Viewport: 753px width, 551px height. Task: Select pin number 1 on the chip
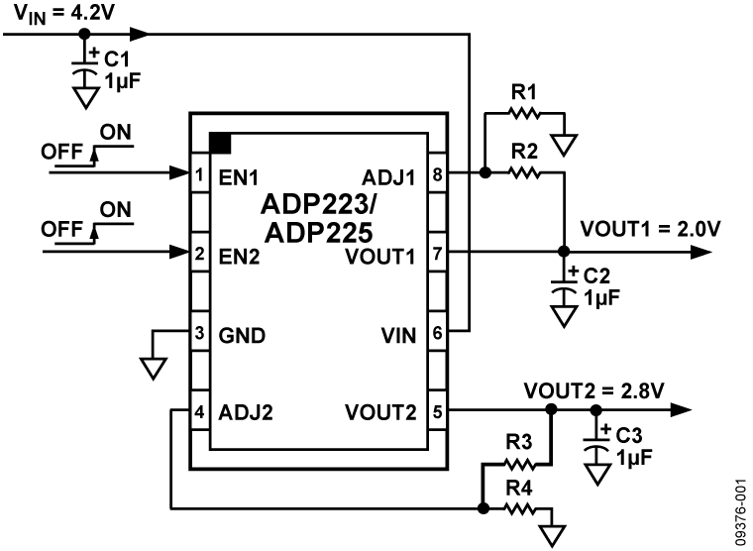click(x=199, y=174)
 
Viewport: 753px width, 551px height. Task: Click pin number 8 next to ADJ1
click(x=438, y=174)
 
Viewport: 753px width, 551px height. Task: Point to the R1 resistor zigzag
click(x=523, y=112)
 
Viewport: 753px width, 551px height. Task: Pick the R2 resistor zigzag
click(x=523, y=172)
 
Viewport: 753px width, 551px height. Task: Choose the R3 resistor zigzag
click(x=520, y=462)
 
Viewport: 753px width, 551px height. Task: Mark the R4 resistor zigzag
click(x=520, y=508)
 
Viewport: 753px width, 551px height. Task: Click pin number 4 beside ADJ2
click(x=199, y=410)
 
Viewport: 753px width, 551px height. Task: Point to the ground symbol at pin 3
click(x=152, y=368)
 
